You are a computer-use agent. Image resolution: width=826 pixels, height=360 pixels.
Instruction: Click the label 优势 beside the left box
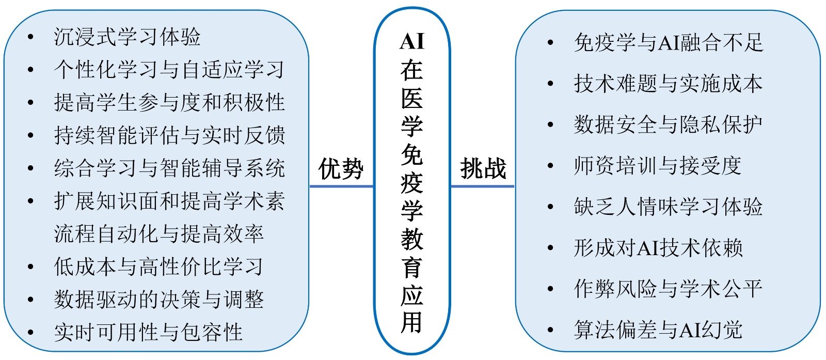point(341,169)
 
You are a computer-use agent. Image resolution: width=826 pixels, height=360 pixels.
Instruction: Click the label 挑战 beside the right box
point(483,169)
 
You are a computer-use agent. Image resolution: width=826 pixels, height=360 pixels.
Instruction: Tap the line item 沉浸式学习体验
point(127,37)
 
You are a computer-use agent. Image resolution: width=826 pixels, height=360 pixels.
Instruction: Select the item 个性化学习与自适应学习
point(169,69)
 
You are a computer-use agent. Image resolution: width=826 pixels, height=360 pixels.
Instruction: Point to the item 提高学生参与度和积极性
point(169,102)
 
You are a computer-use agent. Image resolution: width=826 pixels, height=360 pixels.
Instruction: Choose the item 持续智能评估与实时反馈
point(169,135)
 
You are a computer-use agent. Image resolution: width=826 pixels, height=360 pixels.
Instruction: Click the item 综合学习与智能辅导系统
point(169,168)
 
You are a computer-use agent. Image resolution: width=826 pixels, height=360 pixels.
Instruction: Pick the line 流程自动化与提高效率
point(158,234)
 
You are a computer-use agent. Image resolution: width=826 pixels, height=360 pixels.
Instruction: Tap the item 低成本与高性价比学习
point(158,267)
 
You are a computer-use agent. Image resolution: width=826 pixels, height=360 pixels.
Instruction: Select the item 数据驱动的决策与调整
point(158,300)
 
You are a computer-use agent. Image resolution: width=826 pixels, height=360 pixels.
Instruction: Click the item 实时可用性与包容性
point(148,332)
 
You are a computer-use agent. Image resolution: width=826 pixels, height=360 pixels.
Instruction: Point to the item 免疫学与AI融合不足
point(668,42)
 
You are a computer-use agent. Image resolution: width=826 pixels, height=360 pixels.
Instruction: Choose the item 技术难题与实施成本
point(668,84)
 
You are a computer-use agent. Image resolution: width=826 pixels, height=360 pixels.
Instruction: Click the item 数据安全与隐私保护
point(668,124)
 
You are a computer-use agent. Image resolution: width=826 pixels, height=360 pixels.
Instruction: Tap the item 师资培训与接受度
point(657,166)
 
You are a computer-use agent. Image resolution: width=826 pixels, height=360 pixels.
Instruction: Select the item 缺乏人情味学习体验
point(668,207)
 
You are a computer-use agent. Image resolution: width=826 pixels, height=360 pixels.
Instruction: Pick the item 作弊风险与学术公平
point(668,289)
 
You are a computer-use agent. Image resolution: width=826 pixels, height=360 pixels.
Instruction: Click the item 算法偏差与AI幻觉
point(657,330)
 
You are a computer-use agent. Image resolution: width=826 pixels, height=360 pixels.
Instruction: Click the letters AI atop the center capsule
point(412,41)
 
